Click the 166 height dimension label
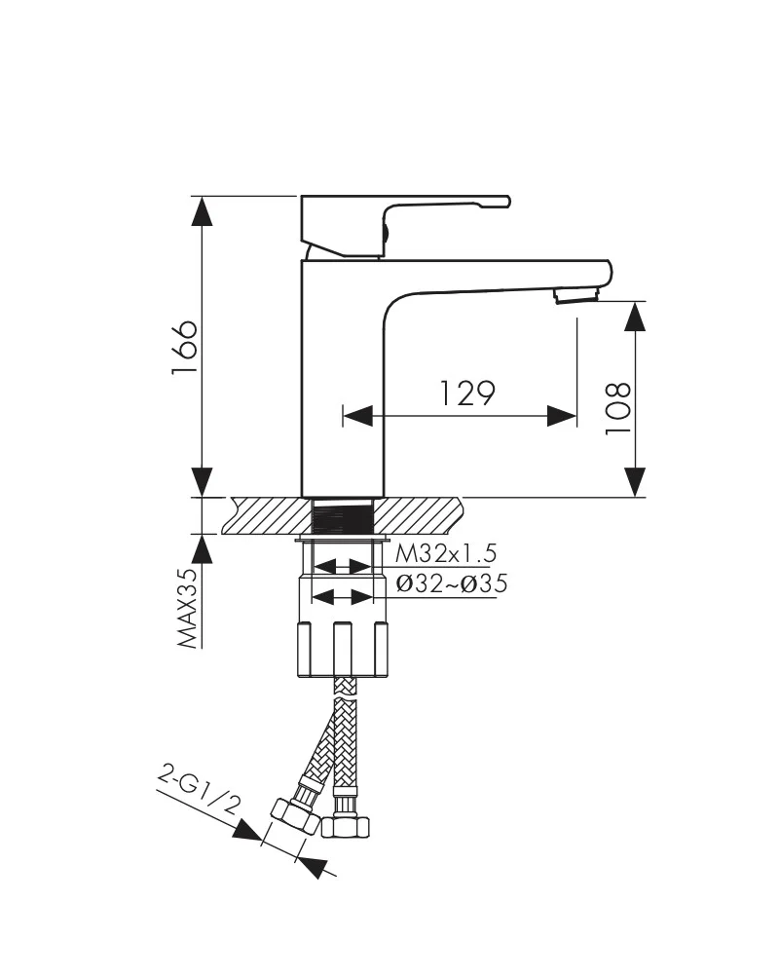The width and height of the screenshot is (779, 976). (x=185, y=348)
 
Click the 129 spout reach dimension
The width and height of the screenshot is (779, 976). (x=468, y=393)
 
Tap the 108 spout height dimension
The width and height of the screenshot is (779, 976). (x=618, y=408)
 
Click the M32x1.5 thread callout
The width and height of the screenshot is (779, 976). (x=446, y=552)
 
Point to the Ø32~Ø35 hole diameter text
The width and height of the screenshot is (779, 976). (x=452, y=583)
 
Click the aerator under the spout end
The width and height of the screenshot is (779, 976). (x=576, y=294)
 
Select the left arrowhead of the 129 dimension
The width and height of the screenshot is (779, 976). (x=357, y=416)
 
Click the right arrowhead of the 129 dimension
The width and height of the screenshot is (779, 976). (x=562, y=416)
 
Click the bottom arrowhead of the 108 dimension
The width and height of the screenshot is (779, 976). (x=635, y=482)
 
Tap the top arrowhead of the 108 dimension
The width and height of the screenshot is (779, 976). (x=635, y=317)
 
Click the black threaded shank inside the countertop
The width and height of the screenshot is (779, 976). (x=342, y=520)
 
